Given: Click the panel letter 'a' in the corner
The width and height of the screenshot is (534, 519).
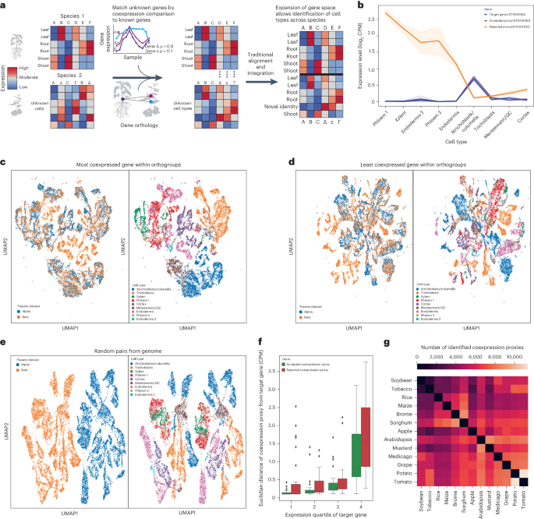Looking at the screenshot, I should coord(5,5).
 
